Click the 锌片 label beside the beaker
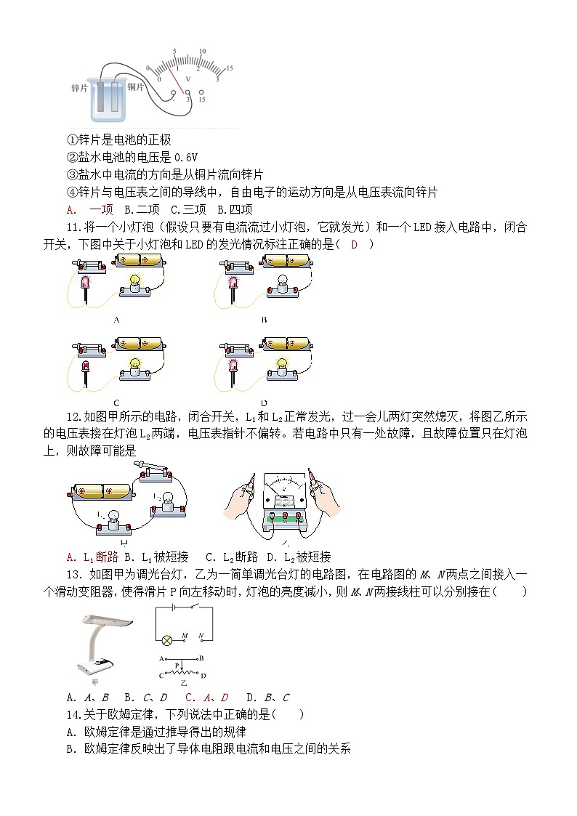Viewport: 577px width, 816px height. point(79,87)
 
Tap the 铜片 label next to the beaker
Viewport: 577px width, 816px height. point(137,87)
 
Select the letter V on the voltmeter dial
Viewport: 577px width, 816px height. point(188,77)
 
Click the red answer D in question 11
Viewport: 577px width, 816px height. point(354,244)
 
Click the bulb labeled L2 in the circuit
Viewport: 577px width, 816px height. point(166,501)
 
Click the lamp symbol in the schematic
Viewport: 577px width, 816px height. point(165,640)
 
